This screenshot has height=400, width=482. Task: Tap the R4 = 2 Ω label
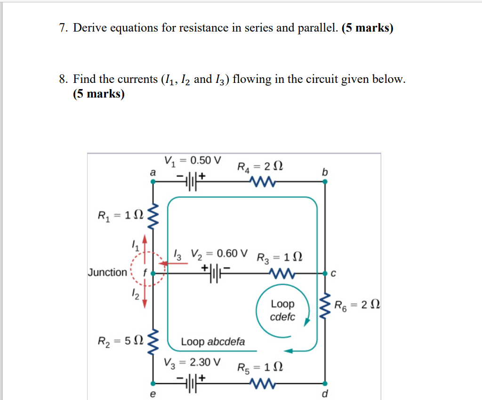pyautogui.click(x=260, y=167)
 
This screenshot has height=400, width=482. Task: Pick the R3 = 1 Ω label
pyautogui.click(x=280, y=258)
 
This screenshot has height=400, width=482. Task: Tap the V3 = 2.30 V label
pyautogui.click(x=192, y=363)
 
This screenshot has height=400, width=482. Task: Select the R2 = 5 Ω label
pyautogui.click(x=120, y=341)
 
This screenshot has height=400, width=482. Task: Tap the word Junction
pyautogui.click(x=107, y=272)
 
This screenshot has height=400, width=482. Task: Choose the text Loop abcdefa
pyautogui.click(x=213, y=342)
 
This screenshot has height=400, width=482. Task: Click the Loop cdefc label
pyautogui.click(x=282, y=310)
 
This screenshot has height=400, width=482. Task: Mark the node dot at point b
pyautogui.click(x=324, y=184)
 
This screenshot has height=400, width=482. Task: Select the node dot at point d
pyautogui.click(x=324, y=383)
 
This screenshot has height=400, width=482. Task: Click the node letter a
pyautogui.click(x=152, y=173)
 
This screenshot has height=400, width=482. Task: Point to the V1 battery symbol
pyautogui.click(x=190, y=180)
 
